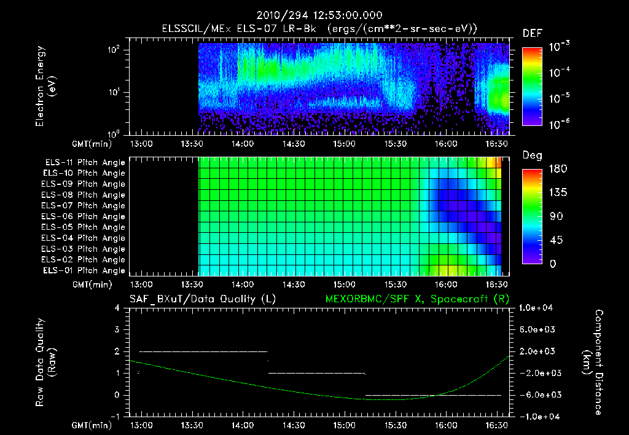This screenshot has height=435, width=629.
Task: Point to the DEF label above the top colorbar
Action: [x=532, y=34]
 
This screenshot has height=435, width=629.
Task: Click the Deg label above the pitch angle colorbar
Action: [x=532, y=155]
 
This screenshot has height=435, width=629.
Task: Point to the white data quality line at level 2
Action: [x=203, y=351]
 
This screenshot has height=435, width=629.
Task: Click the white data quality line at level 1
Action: [x=316, y=373]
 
